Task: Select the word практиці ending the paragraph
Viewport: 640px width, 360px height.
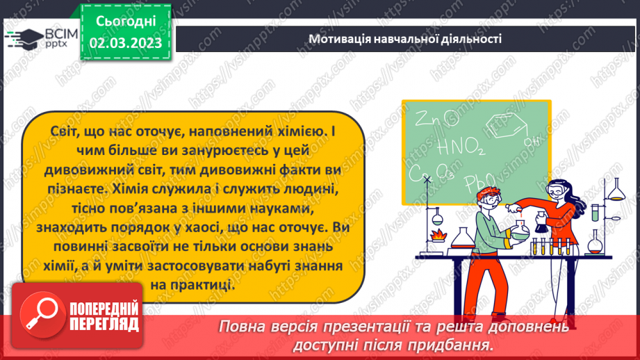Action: (207, 285)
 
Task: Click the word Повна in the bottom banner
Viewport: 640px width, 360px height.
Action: (241, 327)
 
